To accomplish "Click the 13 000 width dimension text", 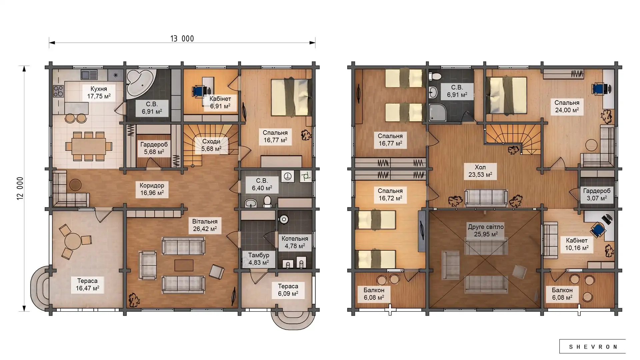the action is pyautogui.click(x=182, y=39).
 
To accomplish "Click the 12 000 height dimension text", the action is pyautogui.click(x=20, y=188).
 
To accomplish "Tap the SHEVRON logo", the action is pyautogui.click(x=593, y=347).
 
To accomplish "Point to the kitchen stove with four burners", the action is pyautogui.click(x=58, y=91).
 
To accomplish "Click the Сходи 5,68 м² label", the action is pyautogui.click(x=211, y=145).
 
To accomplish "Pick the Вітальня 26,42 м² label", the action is pyautogui.click(x=205, y=225).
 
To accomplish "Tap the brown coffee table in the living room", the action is pyautogui.click(x=184, y=265).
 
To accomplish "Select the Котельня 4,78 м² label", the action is pyautogui.click(x=295, y=242).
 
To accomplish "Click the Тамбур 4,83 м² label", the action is pyautogui.click(x=258, y=259).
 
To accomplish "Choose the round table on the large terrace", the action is pyautogui.click(x=73, y=241).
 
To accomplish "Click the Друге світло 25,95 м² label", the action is pyautogui.click(x=486, y=230).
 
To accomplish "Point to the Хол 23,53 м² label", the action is pyautogui.click(x=480, y=171).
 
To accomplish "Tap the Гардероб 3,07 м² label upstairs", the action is pyautogui.click(x=597, y=194).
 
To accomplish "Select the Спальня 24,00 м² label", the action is pyautogui.click(x=567, y=106).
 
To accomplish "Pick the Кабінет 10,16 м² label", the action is pyautogui.click(x=577, y=244).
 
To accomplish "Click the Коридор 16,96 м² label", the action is pyautogui.click(x=152, y=189).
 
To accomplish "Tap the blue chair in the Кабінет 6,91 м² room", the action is pyautogui.click(x=199, y=91).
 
